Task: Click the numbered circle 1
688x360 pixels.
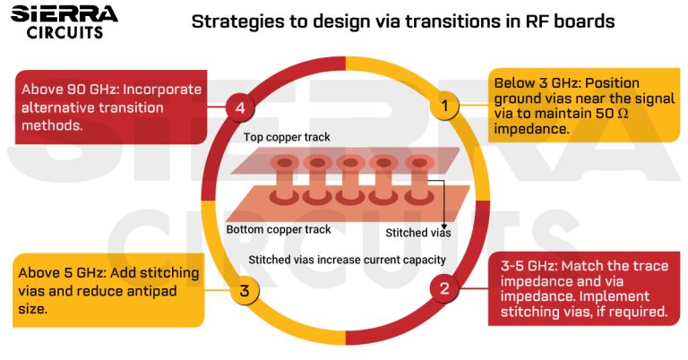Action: pyautogui.click(x=443, y=106)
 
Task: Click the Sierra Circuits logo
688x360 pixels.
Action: pyautogui.click(x=64, y=21)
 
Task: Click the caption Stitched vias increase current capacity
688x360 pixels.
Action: pyautogui.click(x=347, y=260)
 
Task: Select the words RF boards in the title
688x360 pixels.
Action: pyautogui.click(x=571, y=21)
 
